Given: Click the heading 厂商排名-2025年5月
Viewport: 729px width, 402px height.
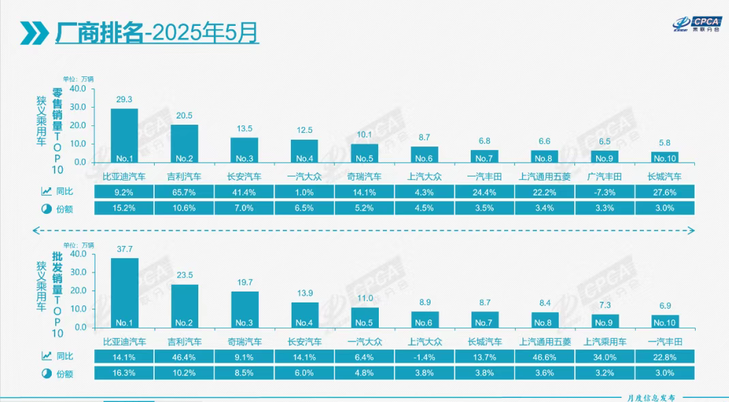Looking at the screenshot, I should (x=157, y=33).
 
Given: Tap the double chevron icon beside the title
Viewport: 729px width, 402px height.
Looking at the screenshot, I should (x=34, y=33).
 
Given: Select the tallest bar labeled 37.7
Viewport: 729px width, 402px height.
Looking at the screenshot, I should (x=124, y=292).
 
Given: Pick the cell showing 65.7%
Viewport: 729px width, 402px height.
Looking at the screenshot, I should (x=184, y=193).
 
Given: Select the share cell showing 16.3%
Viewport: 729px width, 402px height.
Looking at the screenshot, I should (x=124, y=373).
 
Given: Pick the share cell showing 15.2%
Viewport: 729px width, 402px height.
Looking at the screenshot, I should (x=124, y=208).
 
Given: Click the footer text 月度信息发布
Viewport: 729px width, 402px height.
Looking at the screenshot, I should (x=651, y=397).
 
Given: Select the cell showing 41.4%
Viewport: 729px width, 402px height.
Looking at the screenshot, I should (x=244, y=193).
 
